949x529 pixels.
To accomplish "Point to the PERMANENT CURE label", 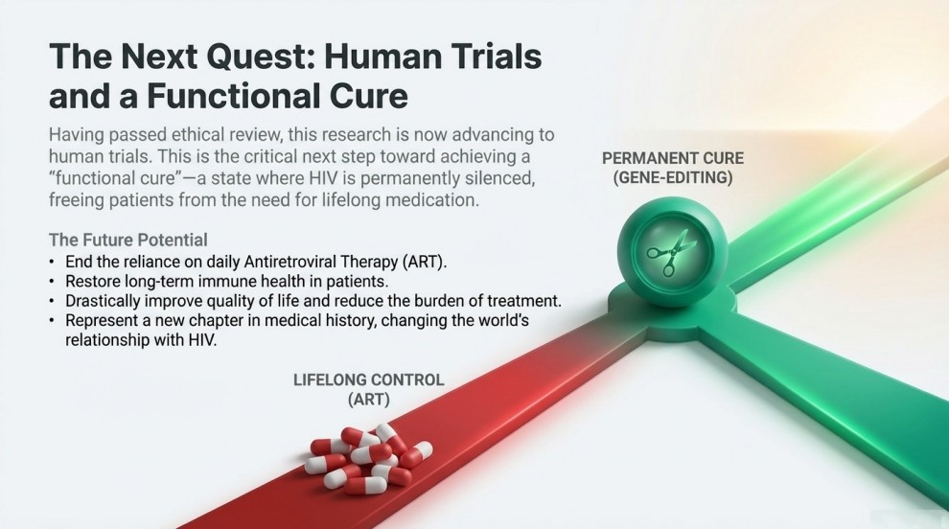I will pos(672,157).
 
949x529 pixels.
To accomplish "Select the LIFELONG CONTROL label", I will pos(368,379).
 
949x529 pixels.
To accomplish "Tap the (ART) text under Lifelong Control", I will pos(368,399).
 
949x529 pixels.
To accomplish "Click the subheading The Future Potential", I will pos(127,239).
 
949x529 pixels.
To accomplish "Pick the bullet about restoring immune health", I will pos(225,282).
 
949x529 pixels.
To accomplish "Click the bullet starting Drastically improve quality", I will pos(312,301).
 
